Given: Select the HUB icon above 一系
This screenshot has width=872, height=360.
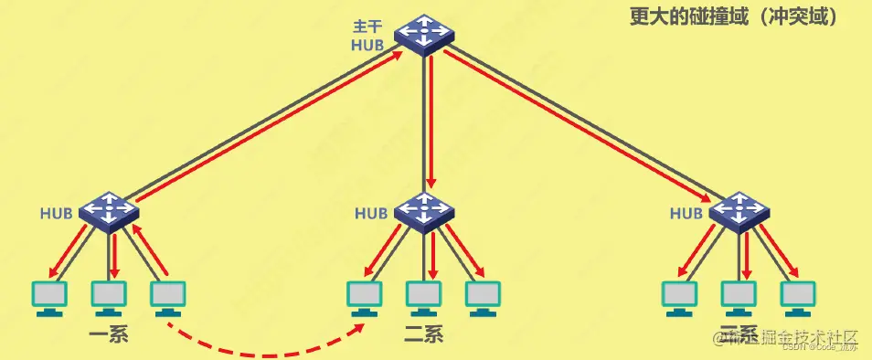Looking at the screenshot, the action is [x=109, y=211].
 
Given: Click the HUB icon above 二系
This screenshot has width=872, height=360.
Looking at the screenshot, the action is [x=424, y=211].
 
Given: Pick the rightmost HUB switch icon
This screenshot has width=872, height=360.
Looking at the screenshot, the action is [x=739, y=211].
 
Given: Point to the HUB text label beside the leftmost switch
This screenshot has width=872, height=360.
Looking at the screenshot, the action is [x=56, y=214].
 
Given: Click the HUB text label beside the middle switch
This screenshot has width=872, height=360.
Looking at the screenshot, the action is [x=371, y=214].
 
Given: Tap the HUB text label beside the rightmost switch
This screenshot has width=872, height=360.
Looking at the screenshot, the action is [x=686, y=214].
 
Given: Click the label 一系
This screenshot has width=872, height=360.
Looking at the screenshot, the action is [x=109, y=333].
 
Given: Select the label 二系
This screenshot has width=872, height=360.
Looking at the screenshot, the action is [x=423, y=333].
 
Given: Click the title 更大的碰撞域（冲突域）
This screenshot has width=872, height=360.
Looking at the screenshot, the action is [x=734, y=16].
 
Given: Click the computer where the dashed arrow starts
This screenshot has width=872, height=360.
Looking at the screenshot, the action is [x=166, y=296].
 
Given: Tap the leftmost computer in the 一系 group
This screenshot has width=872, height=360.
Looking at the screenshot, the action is [x=49, y=296].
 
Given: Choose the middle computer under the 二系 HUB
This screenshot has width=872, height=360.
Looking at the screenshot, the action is [x=424, y=296].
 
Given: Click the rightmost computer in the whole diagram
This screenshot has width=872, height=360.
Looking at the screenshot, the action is [x=797, y=296].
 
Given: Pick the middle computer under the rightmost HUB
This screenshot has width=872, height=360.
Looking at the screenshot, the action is [x=739, y=296].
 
